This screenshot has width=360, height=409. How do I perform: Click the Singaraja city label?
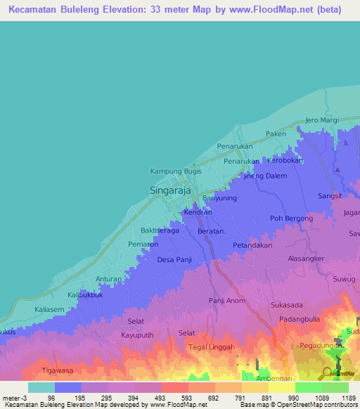click(172, 190)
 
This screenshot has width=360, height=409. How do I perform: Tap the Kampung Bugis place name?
click(176, 171)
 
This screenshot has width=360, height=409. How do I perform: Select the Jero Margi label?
click(321, 119)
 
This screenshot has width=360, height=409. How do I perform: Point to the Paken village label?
click(276, 134)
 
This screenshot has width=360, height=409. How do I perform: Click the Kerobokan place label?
click(285, 160)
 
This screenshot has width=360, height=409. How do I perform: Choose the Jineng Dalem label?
click(265, 176)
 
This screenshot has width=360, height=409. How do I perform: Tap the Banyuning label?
click(219, 198)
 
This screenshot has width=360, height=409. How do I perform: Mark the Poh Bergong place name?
click(291, 219)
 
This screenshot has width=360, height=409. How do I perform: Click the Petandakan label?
click(252, 246)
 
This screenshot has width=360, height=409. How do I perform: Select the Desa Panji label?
click(174, 260)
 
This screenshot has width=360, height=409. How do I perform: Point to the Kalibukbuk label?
click(86, 295)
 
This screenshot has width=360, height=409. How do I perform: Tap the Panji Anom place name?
click(226, 301)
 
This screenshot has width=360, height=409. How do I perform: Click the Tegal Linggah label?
click(212, 347)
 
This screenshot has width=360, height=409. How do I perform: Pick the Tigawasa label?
click(58, 370)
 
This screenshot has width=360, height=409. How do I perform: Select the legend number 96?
click(52, 398)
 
